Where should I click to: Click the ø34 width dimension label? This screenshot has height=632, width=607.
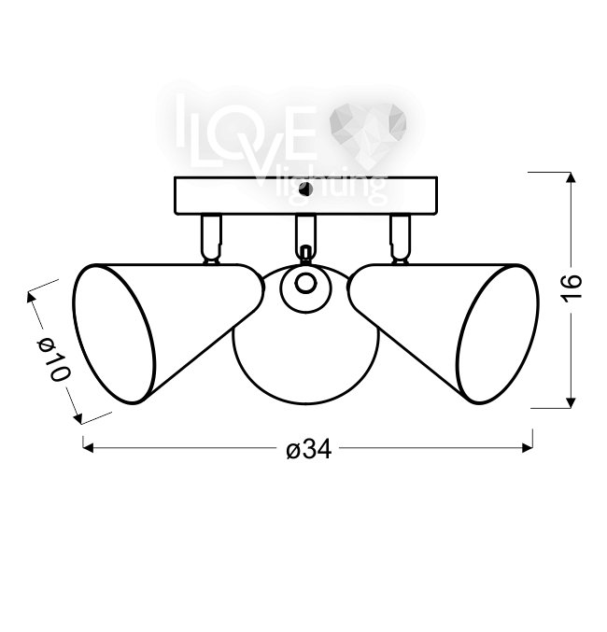coord(309,449)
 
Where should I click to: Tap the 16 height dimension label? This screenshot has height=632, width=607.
coord(572,287)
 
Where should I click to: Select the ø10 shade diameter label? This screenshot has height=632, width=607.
coord(53,360)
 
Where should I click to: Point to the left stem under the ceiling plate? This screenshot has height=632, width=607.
coord(211,239)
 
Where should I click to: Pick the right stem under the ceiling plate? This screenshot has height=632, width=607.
coord(400,239)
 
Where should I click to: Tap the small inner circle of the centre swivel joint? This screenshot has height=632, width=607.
coord(305,283)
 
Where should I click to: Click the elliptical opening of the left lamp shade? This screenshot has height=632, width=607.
coord(114,333)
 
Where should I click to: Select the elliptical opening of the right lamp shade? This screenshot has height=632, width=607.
coord(498,333)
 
